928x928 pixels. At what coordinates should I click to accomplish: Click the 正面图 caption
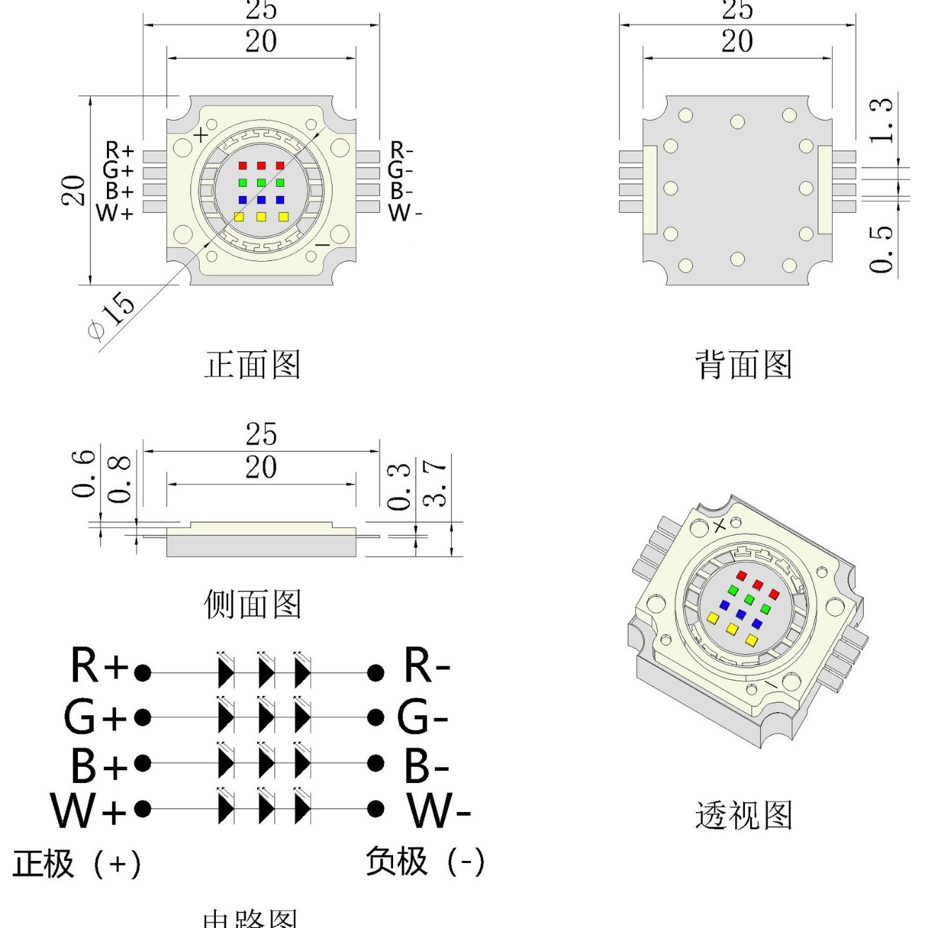pyautogui.click(x=253, y=365)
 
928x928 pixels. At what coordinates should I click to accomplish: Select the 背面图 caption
pyautogui.click(x=743, y=365)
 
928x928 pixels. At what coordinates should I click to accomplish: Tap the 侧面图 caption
pyautogui.click(x=253, y=604)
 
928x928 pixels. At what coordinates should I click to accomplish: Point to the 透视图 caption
pyautogui.click(x=743, y=815)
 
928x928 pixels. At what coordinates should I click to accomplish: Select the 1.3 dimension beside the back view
pyautogui.click(x=881, y=121)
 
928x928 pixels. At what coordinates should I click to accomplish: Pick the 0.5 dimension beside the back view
pyautogui.click(x=881, y=249)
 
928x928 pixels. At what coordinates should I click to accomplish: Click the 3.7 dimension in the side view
pyautogui.click(x=435, y=483)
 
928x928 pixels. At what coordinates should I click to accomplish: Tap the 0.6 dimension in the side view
pyautogui.click(x=83, y=474)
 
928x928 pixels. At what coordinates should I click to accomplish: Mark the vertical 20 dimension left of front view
pyautogui.click(x=73, y=190)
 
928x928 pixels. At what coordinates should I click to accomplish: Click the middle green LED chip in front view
pyautogui.click(x=261, y=183)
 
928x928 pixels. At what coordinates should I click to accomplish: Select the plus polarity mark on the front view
pyautogui.click(x=201, y=135)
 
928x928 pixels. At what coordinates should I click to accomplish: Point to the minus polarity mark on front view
pyautogui.click(x=322, y=246)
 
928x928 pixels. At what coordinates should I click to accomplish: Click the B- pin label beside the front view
pyautogui.click(x=401, y=191)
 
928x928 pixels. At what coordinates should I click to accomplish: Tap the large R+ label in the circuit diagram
pyautogui.click(x=99, y=666)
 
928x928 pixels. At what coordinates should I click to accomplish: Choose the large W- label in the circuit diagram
pyautogui.click(x=438, y=811)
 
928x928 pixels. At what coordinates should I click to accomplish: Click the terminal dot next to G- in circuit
pyautogui.click(x=376, y=717)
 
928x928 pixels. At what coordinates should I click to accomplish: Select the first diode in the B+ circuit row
pyautogui.click(x=226, y=764)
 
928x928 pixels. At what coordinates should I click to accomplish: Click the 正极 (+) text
pyautogui.click(x=77, y=864)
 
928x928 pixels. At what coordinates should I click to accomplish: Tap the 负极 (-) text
pyautogui.click(x=425, y=861)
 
